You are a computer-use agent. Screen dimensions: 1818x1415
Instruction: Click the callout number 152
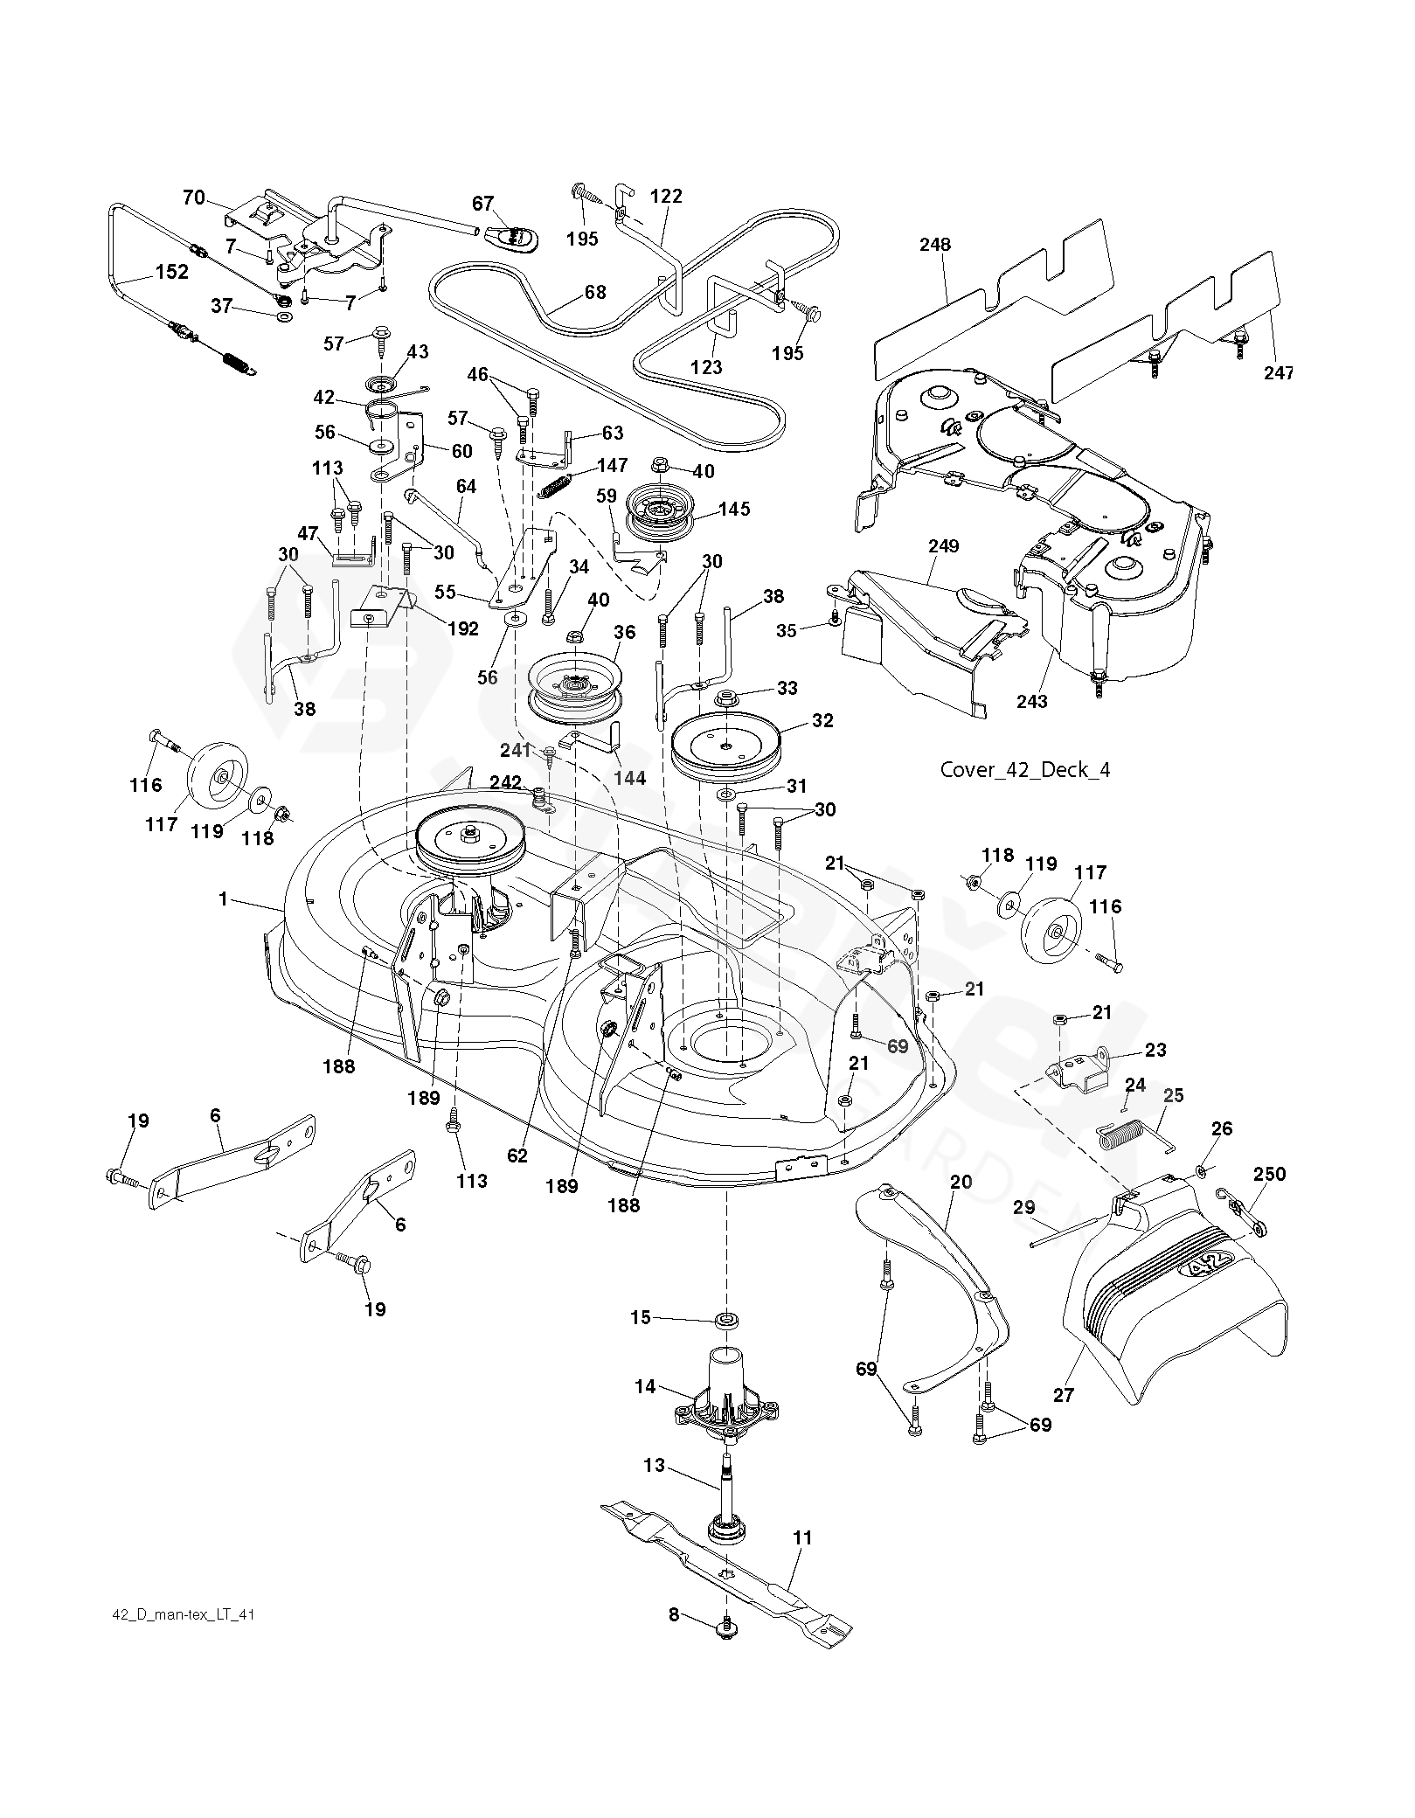coord(171,272)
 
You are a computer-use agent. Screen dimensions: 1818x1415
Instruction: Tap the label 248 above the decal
coord(934,245)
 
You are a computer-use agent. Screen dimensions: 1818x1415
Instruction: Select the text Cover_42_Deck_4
coord(1024,770)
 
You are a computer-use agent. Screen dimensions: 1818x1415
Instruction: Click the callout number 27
coord(1063,1394)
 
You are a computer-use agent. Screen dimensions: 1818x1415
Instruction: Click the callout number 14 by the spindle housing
coord(645,1386)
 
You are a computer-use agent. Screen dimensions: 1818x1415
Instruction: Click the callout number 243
coord(1032,701)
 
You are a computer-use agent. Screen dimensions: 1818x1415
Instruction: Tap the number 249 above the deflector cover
coord(943,546)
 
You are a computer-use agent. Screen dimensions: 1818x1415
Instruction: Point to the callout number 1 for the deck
coord(224,899)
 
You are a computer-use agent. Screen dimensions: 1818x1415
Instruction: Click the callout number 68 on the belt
coord(595,292)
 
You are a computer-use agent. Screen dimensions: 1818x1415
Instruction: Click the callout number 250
coord(1269,1174)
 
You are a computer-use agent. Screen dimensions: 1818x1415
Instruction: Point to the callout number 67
coord(483,204)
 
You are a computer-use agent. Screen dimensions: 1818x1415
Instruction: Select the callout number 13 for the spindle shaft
coord(655,1466)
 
